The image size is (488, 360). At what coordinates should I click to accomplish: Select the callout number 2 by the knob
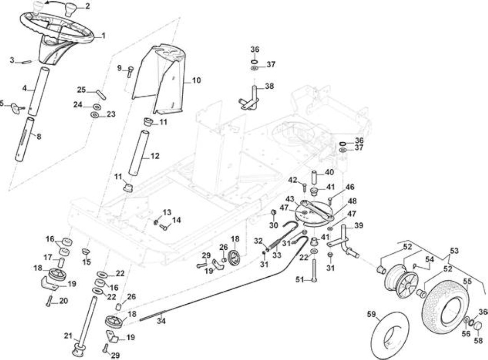[x=87, y=5]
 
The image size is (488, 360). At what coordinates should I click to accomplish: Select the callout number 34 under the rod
[x=161, y=320]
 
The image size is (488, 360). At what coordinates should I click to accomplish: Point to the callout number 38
[x=269, y=86]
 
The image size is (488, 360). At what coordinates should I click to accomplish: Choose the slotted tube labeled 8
[x=25, y=139]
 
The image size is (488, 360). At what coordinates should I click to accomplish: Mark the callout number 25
[x=81, y=90]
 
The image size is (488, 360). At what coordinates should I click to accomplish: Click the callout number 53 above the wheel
[x=454, y=251]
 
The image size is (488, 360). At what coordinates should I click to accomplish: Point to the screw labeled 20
[x=49, y=301]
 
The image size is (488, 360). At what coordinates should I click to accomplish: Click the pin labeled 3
[x=26, y=62]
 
